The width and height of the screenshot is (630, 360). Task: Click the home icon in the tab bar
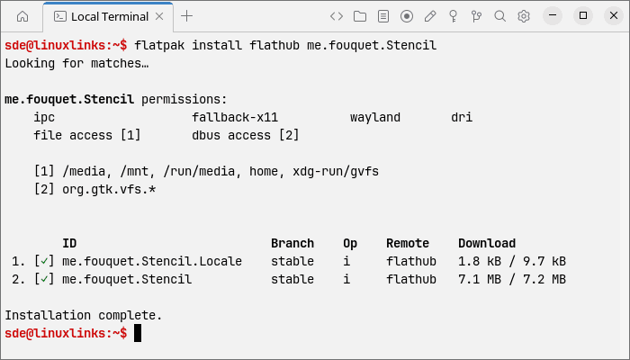pyautogui.click(x=22, y=16)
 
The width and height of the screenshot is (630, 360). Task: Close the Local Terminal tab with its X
pyautogui.click(x=159, y=16)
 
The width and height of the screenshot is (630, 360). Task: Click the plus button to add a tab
pyautogui.click(x=187, y=16)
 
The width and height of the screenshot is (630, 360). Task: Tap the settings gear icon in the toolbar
pyautogui.click(x=524, y=16)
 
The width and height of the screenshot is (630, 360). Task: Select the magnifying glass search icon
pyautogui.click(x=499, y=16)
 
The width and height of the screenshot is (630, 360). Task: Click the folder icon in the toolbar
pyautogui.click(x=360, y=16)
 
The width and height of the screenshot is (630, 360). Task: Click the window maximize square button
pyautogui.click(x=583, y=15)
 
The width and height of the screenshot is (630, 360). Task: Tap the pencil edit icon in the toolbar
pyautogui.click(x=430, y=16)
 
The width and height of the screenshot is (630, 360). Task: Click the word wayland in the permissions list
pyautogui.click(x=375, y=117)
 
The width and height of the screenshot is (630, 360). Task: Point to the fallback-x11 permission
pyautogui.click(x=235, y=117)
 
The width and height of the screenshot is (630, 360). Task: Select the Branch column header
pyautogui.click(x=292, y=244)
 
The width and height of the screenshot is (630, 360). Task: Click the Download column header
pyautogui.click(x=487, y=244)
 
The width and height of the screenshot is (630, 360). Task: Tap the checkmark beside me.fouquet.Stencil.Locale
pyautogui.click(x=44, y=261)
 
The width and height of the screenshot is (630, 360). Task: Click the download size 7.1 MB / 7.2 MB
pyautogui.click(x=512, y=279)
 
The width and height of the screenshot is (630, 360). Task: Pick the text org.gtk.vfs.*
pyautogui.click(x=109, y=190)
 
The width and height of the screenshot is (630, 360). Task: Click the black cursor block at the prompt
pyautogui.click(x=138, y=333)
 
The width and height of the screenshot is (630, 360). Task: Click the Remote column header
pyautogui.click(x=408, y=244)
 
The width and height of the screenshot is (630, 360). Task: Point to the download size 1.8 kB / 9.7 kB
pyautogui.click(x=512, y=261)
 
